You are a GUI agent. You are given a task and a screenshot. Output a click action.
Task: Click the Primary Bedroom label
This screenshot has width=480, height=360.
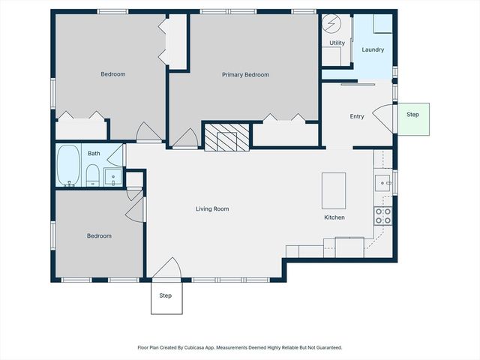tap(245, 75)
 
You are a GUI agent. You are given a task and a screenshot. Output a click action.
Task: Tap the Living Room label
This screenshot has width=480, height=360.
tap(212, 209)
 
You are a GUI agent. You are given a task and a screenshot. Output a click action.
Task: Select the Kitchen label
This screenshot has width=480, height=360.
tap(334, 217)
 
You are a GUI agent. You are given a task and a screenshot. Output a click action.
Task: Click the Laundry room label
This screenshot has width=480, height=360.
tap(373, 50)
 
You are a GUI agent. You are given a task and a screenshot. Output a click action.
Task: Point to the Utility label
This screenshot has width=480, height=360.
tap(337, 43)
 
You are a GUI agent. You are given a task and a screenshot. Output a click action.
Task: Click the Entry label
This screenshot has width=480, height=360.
tap(357, 116)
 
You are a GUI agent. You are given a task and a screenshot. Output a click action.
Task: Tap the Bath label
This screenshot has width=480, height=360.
tap(94, 154)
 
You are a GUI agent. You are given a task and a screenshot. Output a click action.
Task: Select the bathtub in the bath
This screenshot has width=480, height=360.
tap(69, 166)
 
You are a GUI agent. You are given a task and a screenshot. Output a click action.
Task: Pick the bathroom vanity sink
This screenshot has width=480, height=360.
tap(113, 177)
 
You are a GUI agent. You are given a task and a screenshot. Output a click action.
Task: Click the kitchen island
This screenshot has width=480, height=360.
tap(334, 190)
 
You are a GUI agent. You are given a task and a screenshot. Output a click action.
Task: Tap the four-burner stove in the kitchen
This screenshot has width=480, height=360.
tap(382, 216)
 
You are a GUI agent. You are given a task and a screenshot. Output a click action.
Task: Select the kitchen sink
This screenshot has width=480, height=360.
tap(382, 182)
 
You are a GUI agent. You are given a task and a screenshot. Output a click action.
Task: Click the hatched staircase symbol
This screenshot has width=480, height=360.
tap(222, 137)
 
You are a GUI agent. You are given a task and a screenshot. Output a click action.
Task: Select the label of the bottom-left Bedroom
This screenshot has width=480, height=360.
tap(99, 236)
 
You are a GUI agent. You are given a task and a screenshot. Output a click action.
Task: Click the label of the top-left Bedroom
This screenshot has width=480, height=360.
tap(113, 74)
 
